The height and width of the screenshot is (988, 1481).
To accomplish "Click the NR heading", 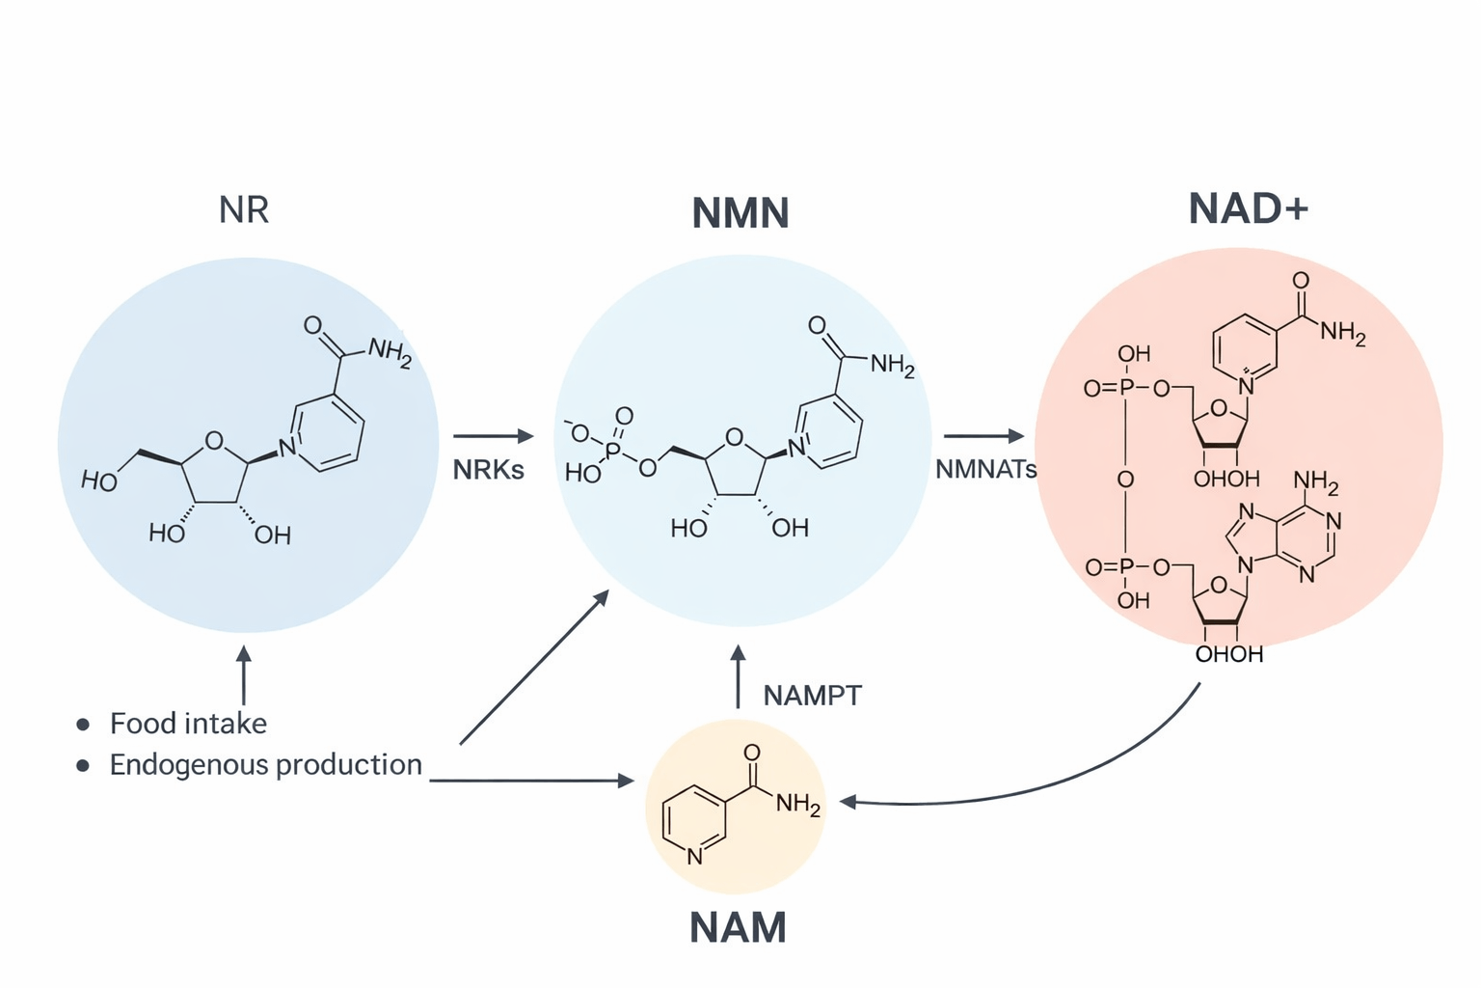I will click(244, 209).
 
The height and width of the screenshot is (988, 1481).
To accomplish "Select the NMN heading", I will click(740, 213).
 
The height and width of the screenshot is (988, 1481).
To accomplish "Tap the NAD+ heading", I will click(1248, 208).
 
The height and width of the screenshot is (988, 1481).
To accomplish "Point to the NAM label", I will click(738, 927).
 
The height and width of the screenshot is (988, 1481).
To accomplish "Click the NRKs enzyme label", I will click(488, 470).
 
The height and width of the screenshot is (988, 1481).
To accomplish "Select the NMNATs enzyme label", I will click(985, 470).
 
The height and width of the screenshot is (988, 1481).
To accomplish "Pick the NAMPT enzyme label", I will click(812, 695).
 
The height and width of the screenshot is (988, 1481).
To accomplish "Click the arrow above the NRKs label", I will click(493, 436).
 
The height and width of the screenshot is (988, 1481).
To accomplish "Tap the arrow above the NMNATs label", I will click(983, 436).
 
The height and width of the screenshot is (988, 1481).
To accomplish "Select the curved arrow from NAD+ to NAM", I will click(1061, 777).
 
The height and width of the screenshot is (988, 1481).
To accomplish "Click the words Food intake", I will click(188, 724).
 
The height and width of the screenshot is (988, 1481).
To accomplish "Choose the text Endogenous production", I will click(265, 765).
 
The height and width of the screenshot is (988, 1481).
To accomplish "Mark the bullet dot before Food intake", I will click(84, 724).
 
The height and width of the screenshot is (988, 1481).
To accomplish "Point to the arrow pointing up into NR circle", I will click(244, 674).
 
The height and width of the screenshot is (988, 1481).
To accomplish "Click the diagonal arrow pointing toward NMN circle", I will click(535, 668).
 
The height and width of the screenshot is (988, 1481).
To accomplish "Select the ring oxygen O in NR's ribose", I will click(214, 442).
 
